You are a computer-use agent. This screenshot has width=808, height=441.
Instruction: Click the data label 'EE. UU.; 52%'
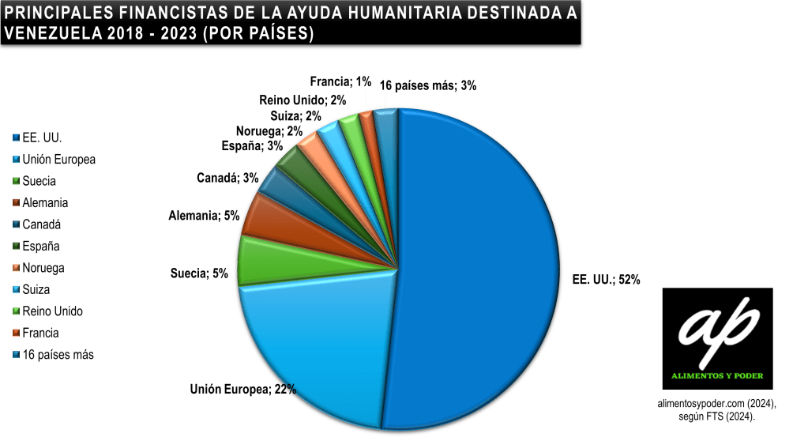[x=605, y=279]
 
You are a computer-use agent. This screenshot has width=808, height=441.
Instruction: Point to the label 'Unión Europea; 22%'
[x=242, y=389]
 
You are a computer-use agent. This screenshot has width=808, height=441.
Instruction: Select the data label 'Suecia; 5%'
[x=199, y=273]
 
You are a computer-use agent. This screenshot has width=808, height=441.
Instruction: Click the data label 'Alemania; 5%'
[x=204, y=215]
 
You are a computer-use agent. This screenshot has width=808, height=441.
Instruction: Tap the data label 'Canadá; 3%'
[x=227, y=178]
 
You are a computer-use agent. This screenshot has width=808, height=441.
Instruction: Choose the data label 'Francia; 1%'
[x=340, y=81]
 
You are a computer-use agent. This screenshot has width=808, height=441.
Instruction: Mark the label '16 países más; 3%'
[x=428, y=85]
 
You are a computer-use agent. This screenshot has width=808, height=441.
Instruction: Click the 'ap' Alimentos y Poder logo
[x=717, y=337]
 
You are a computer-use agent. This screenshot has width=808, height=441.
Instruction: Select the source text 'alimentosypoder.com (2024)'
[x=717, y=403]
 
